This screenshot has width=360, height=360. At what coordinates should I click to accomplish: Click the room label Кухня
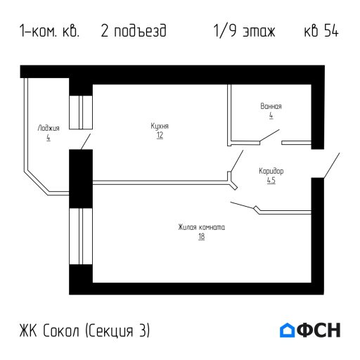click(x=160, y=126)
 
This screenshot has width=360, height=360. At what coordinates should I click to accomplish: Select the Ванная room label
click(x=271, y=106)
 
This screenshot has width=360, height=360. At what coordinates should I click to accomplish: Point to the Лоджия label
click(x=49, y=129)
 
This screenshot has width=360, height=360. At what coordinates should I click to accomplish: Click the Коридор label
click(x=271, y=171)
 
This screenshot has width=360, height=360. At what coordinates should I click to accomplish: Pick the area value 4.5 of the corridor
click(x=271, y=180)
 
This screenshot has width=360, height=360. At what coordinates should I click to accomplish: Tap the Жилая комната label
click(x=201, y=227)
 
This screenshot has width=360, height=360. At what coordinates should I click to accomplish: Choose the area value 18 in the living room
click(x=201, y=236)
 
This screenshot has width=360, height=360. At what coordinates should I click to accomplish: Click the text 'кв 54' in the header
click(x=321, y=32)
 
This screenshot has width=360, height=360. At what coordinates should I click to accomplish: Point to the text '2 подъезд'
click(x=134, y=32)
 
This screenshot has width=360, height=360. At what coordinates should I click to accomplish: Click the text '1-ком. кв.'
click(x=50, y=32)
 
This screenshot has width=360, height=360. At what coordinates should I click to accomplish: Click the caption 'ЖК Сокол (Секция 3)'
click(x=85, y=330)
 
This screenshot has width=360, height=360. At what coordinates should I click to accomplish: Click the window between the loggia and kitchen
click(x=81, y=111)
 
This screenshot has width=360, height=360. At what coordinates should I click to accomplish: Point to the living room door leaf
click(x=243, y=205)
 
